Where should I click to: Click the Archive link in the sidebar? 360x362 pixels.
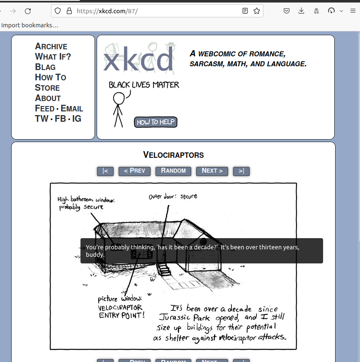(51, 46)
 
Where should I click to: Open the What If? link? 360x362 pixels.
(53, 57)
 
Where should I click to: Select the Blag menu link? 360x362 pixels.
(45, 67)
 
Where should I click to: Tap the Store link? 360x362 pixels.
(47, 88)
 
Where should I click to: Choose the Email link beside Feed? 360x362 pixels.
(72, 109)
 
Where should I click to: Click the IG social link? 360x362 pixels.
(77, 119)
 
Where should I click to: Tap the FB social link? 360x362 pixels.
(60, 119)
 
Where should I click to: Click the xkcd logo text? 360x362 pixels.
(138, 59)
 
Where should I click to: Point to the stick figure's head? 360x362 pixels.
(119, 98)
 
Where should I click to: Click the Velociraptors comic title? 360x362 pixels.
(173, 155)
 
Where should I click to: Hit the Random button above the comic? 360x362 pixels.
(173, 171)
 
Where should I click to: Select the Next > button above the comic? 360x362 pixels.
(212, 171)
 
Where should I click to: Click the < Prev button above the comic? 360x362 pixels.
(134, 171)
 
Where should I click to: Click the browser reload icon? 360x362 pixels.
(28, 11)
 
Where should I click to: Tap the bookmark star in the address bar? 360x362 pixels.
(257, 11)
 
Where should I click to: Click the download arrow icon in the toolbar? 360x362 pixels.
(302, 11)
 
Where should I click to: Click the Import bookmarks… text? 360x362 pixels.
(29, 25)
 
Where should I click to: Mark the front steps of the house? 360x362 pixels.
(165, 271)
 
